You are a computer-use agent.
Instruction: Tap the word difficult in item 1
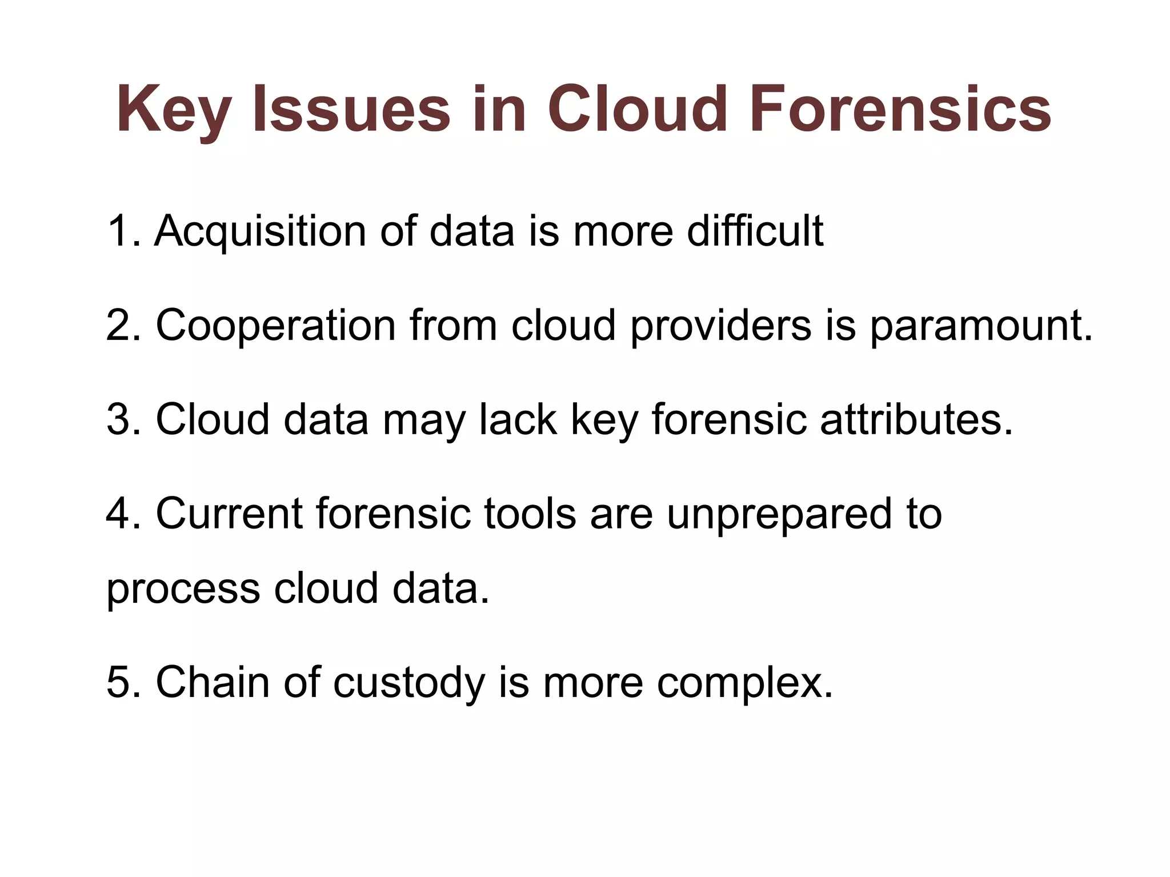click(x=755, y=231)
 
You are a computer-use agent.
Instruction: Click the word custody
click(x=408, y=683)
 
